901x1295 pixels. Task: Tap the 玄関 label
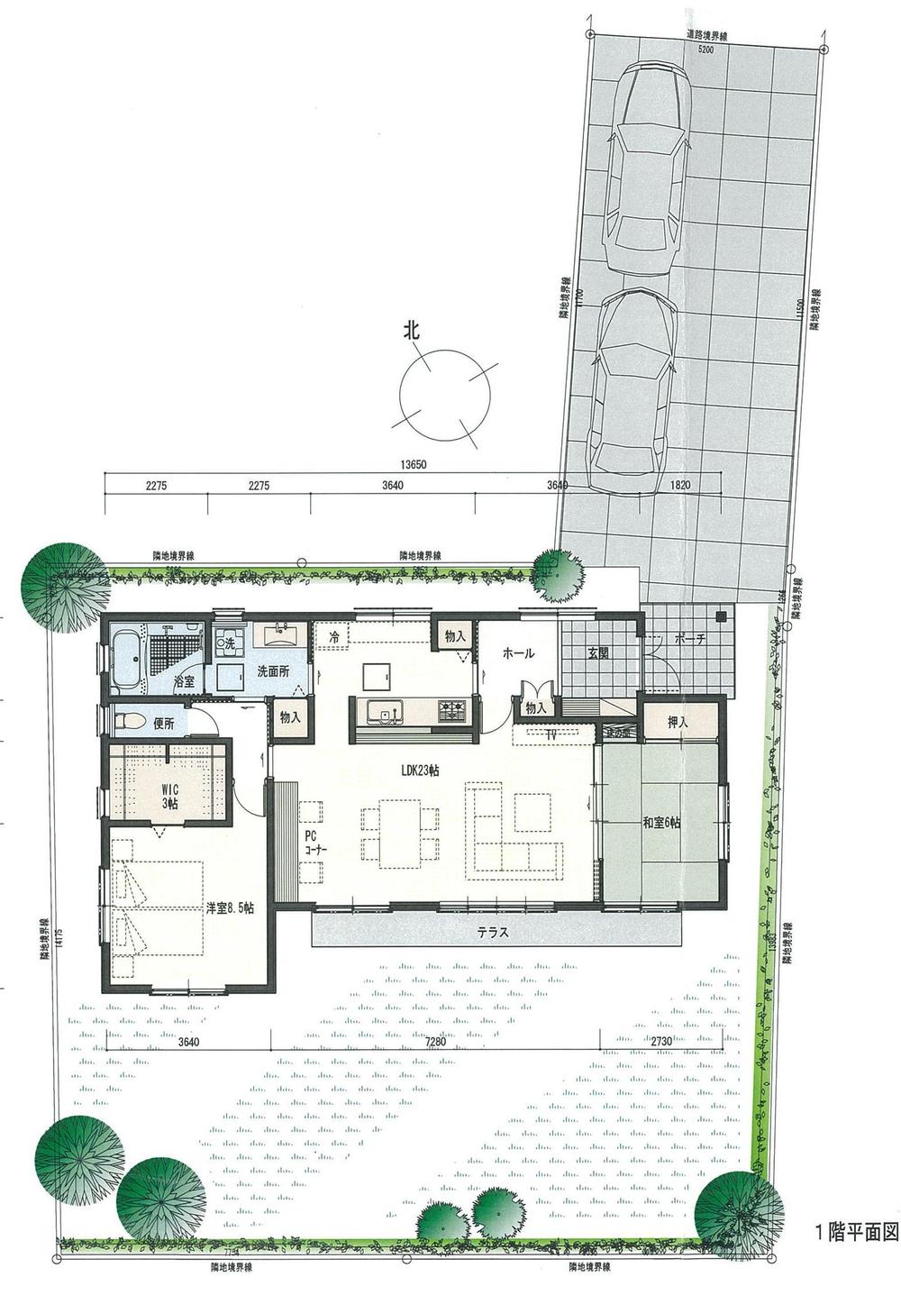point(599,652)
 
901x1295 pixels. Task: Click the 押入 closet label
point(679,721)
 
